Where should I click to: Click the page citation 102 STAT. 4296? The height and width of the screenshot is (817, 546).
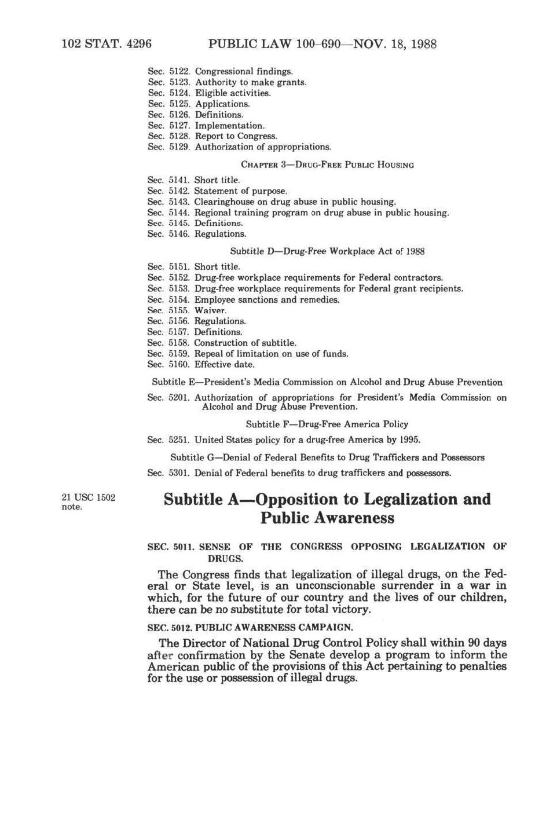pyautogui.click(x=106, y=44)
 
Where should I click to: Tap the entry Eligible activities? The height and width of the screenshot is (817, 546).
pyautogui.click(x=233, y=93)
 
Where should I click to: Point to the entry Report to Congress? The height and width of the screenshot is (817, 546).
pyautogui.click(x=236, y=136)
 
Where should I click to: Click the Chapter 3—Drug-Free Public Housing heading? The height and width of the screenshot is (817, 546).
pyautogui.click(x=327, y=165)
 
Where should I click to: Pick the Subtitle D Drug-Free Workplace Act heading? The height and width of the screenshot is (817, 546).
pyautogui.click(x=327, y=251)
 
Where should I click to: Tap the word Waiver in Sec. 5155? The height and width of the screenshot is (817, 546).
pyautogui.click(x=210, y=310)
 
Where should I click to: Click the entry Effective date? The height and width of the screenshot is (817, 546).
pyautogui.click(x=224, y=365)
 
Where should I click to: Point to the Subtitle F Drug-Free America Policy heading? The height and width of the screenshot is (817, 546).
pyautogui.click(x=327, y=424)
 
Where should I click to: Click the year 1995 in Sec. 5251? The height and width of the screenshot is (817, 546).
pyautogui.click(x=409, y=440)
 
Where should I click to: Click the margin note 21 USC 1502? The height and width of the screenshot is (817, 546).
pyautogui.click(x=88, y=497)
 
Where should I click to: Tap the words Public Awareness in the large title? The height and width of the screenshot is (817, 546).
pyautogui.click(x=327, y=518)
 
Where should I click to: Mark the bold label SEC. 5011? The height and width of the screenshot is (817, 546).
pyautogui.click(x=171, y=547)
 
